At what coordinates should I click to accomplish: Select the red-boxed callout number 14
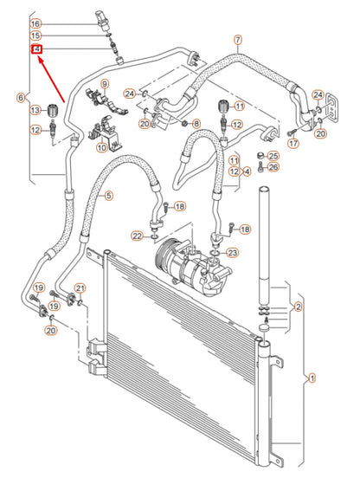[x=35, y=48]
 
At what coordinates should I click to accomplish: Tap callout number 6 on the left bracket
[x=21, y=99]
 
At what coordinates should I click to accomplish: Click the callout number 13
[x=35, y=110]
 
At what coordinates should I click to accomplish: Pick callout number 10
[x=101, y=148]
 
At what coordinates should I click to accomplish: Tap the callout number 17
[x=292, y=143]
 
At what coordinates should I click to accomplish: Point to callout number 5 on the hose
[x=109, y=197]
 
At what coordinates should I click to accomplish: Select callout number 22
[x=137, y=236]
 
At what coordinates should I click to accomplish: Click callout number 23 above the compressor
[x=232, y=252]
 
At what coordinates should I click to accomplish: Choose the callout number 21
[x=79, y=287]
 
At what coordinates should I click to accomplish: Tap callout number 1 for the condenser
[x=312, y=377]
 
